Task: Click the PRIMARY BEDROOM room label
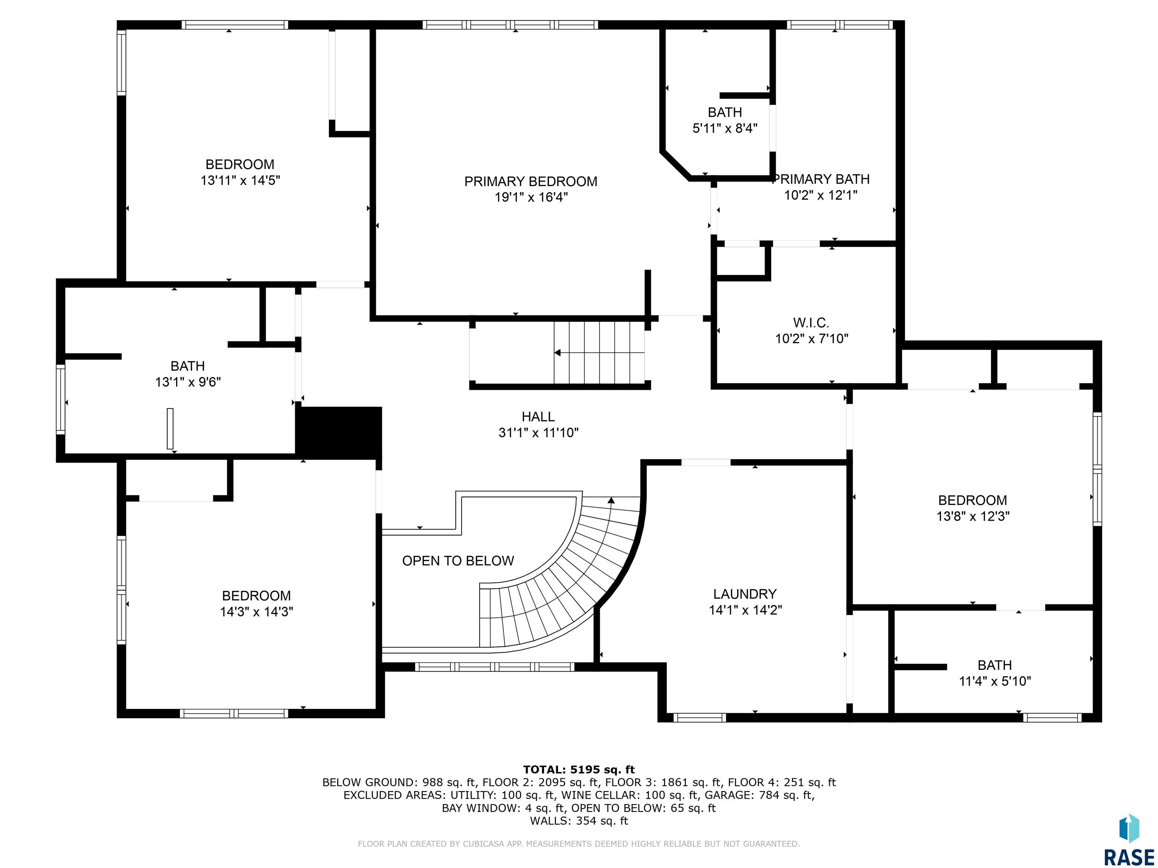[x=531, y=182]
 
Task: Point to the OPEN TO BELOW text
[x=458, y=561]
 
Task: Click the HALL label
[x=538, y=417]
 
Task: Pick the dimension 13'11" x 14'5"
[x=240, y=180]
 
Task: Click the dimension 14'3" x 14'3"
[x=257, y=611]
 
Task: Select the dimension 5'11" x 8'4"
[x=725, y=128]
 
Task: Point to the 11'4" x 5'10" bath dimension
[x=995, y=681]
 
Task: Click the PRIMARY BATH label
[x=821, y=179]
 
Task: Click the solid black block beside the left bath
[x=339, y=432]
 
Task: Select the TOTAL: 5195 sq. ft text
[x=579, y=770]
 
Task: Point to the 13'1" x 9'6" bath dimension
[x=188, y=382]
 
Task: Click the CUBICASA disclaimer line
[x=579, y=844]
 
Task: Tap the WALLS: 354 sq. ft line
[x=579, y=821]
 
